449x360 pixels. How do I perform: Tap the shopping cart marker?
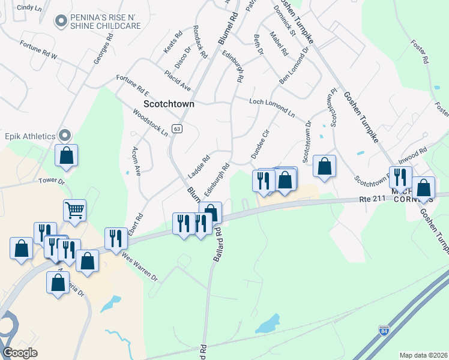coord(74,210)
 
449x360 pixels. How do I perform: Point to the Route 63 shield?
coord(176,128)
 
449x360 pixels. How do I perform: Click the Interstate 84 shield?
coord(384,329)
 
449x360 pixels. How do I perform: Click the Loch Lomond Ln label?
coord(273,107)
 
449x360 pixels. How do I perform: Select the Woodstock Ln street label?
coord(150,122)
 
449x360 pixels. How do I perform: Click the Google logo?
coord(20,352)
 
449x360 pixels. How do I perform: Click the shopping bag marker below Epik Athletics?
coord(67,155)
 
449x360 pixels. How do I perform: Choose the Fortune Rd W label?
coord(38,50)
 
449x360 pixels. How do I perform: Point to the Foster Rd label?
coord(419,52)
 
